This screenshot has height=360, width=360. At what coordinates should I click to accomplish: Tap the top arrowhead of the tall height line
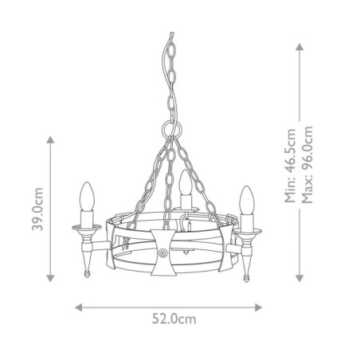[299, 45]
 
